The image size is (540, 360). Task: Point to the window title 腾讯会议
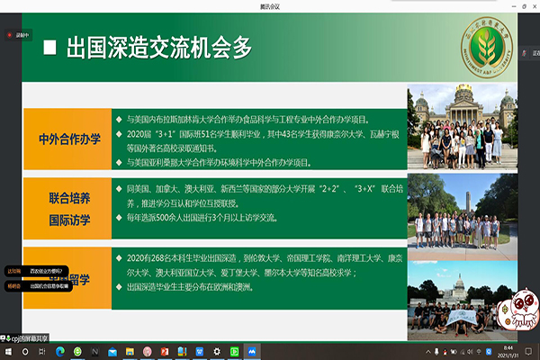point(270,5)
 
